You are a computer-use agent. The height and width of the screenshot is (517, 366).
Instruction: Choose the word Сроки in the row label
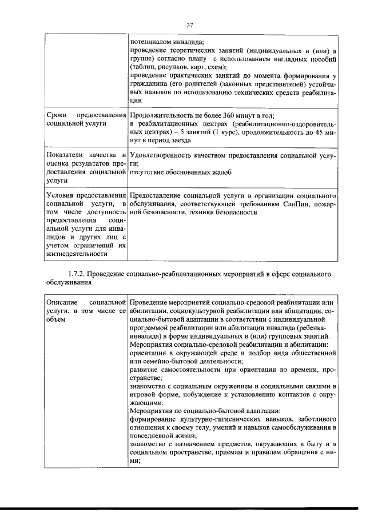55,115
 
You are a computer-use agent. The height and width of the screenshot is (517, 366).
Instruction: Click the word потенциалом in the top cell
152,42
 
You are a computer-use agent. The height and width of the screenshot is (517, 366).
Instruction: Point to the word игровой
144,394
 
